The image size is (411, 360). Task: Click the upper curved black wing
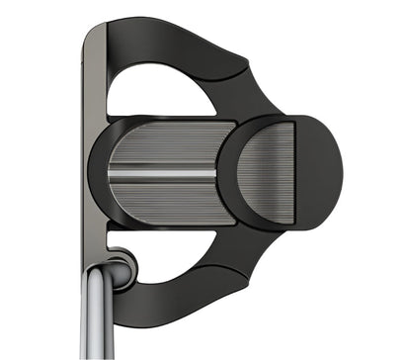coord(178,45)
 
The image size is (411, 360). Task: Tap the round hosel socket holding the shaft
coord(119,268)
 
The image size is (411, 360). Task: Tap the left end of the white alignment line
coord(111,172)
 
